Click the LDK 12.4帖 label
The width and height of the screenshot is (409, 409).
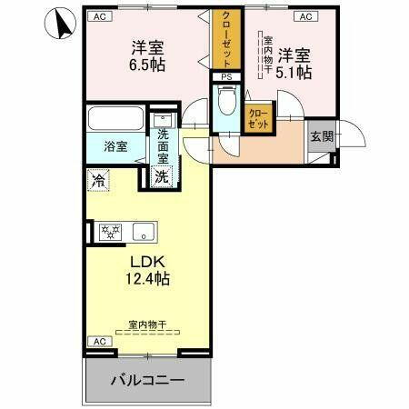point(145,272)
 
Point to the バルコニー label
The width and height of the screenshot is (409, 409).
point(147,379)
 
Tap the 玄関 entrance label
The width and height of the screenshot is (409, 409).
point(322,137)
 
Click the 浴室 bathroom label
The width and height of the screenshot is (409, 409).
point(115,145)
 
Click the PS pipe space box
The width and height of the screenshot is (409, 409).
point(226,77)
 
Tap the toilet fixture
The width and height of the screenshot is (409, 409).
point(226,103)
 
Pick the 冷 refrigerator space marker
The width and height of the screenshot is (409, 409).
point(98,180)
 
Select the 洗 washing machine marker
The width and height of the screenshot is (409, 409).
point(161,176)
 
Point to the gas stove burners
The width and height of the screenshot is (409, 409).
point(110,232)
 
